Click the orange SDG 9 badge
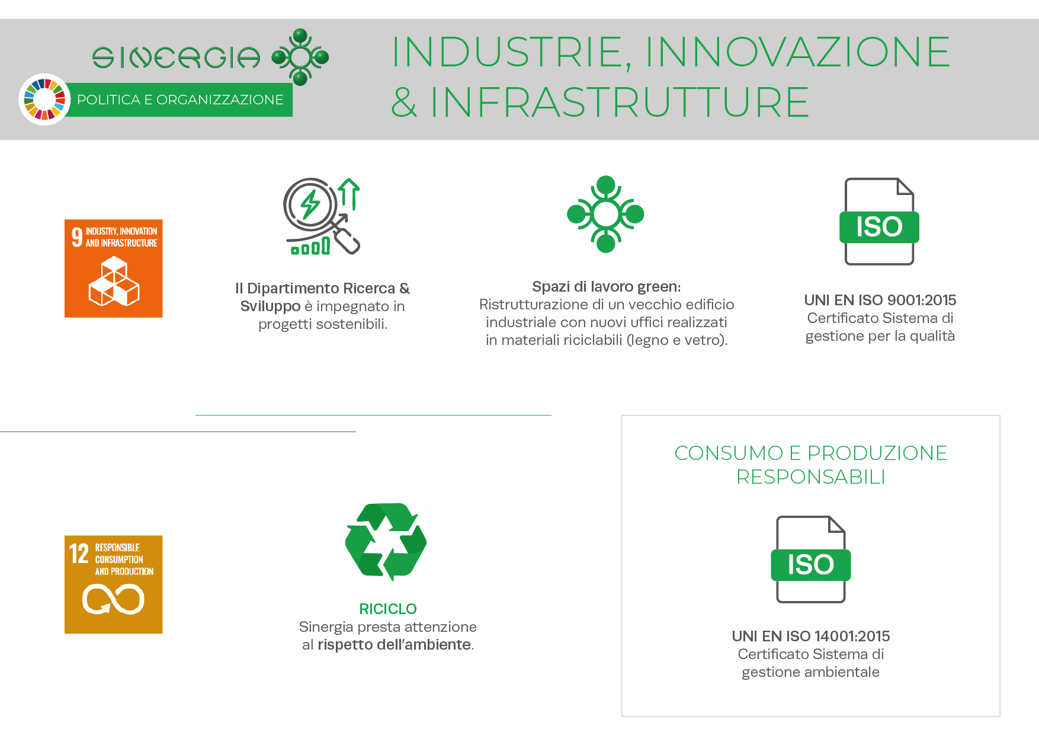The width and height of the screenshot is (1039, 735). tap(113, 269)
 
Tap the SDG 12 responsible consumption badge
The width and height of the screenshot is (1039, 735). tap(113, 584)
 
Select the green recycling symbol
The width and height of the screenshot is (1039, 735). tap(386, 542)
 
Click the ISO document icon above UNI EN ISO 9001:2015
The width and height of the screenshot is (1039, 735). tap(879, 221)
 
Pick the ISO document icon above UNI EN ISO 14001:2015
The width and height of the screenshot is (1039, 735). tap(810, 560)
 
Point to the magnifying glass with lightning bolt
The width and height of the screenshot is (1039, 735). tap(322, 216)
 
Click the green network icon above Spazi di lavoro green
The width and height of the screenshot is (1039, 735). tap(605, 214)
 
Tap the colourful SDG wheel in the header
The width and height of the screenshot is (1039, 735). tap(44, 100)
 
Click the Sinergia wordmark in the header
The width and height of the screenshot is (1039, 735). tap(176, 57)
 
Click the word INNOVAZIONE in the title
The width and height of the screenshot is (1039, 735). tap(797, 52)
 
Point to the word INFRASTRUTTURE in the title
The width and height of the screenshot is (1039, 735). tap(619, 102)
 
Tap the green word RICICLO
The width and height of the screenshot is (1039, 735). tap(388, 609)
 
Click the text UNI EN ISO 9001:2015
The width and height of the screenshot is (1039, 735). tap(880, 300)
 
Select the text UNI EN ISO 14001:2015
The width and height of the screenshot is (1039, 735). tap(811, 636)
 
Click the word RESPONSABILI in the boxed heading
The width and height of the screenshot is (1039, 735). tap(811, 477)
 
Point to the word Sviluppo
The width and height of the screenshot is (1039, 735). tap(271, 306)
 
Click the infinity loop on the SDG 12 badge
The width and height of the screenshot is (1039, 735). tap(113, 599)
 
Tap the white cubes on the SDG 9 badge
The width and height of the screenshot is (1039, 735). tap(114, 282)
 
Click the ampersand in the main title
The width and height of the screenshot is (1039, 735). tap(404, 102)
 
